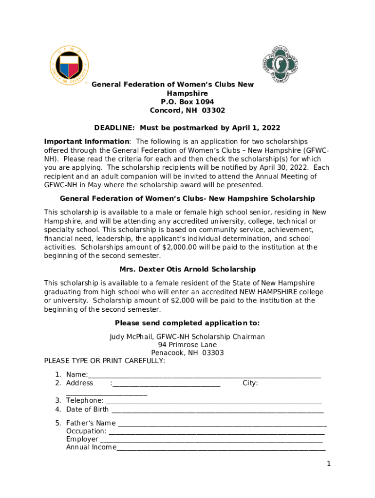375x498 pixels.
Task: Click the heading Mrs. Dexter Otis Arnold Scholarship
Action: (x=187, y=269)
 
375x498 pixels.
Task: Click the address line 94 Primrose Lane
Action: (x=187, y=345)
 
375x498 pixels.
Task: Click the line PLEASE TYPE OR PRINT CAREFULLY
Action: (x=104, y=361)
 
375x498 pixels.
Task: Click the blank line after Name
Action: (x=205, y=375)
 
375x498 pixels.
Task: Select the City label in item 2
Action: (x=250, y=383)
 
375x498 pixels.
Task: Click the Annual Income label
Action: (x=91, y=447)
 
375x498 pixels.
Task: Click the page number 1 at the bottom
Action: (x=329, y=463)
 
